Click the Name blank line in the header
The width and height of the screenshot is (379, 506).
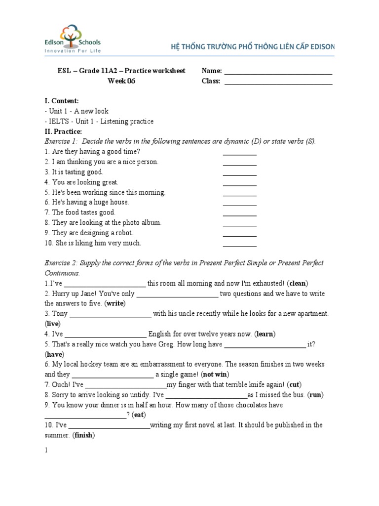pos(278,73)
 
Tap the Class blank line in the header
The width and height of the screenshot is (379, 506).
pos(278,83)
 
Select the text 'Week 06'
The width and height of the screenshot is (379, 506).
pos(121,81)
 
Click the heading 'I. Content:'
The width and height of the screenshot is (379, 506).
pos(62,101)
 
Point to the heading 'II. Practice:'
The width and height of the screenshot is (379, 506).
pos(63,131)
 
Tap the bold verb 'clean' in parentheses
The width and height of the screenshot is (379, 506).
pos(298,283)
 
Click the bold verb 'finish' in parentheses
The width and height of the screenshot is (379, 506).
pos(84,435)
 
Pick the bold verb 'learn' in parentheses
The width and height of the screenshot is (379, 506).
pos(265,334)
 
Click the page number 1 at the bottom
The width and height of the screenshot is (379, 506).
pos(46,451)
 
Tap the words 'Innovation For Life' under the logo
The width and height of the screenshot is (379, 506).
pos(73,51)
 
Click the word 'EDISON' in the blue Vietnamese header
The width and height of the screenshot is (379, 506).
pos(323,47)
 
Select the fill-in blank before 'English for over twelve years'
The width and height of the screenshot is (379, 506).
pos(106,336)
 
